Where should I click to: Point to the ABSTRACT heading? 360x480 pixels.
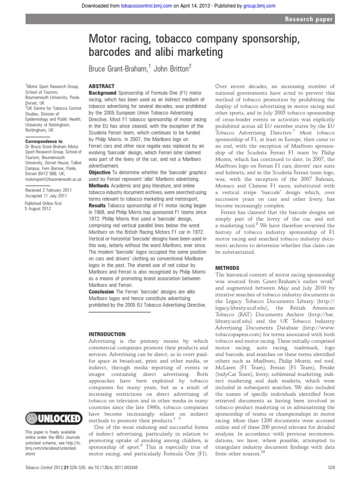pos(101,87)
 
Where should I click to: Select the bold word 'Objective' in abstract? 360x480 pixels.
pos(100,172)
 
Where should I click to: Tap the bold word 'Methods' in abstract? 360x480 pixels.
pos(99,186)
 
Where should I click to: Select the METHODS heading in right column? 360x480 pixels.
pos(226,268)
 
